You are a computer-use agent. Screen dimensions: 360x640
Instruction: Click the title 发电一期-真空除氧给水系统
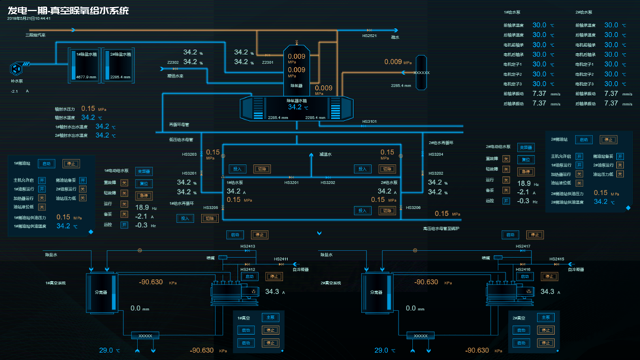[67, 11]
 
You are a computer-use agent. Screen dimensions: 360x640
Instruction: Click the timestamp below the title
[29, 18]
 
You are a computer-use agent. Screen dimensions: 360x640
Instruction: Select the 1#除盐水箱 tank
[86, 65]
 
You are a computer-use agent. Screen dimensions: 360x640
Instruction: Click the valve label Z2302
[173, 63]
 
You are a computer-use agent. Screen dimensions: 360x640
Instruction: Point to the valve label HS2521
[370, 36]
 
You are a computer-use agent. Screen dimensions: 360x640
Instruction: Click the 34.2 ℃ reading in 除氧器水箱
[295, 107]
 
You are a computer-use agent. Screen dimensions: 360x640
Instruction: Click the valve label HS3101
[369, 122]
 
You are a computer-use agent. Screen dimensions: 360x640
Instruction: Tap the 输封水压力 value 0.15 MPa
[89, 108]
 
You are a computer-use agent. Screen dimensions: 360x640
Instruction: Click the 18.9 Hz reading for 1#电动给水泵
[142, 207]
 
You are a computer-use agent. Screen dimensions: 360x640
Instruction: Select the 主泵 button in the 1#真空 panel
[270, 317]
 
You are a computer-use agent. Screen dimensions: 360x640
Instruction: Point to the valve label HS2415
[557, 259]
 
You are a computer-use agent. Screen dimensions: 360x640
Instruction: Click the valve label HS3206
[413, 208]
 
